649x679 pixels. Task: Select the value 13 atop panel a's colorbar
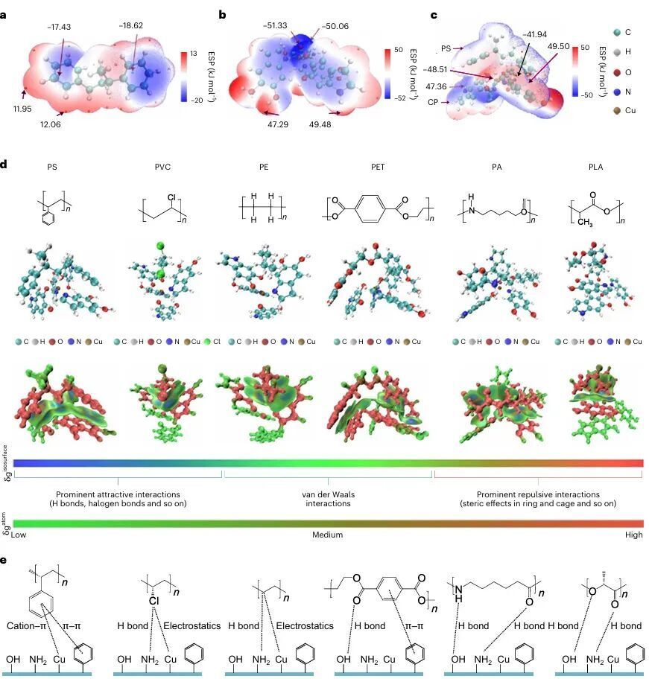(192, 53)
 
